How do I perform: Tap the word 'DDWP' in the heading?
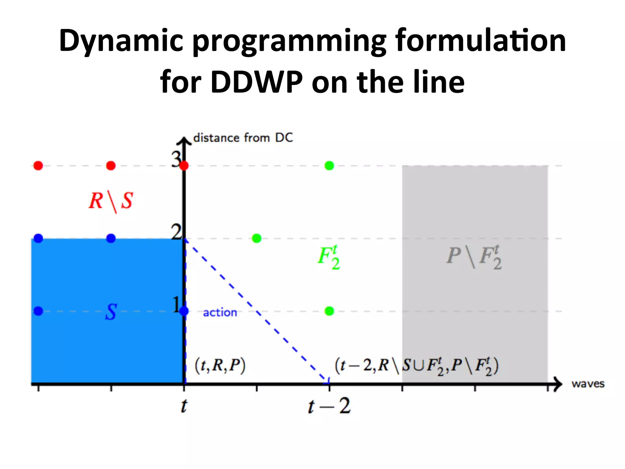256,82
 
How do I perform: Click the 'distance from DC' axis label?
243,138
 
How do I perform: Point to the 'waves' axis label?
588,384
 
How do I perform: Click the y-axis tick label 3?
176,159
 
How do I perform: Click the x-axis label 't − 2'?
329,406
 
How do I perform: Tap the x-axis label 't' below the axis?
183,406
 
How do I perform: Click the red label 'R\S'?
111,201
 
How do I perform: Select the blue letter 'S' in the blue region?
111,312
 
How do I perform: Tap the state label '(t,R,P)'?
220,365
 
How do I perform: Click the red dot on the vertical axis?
184,166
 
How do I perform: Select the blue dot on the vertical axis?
184,311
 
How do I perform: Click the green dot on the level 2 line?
257,238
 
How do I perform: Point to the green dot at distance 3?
329,166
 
